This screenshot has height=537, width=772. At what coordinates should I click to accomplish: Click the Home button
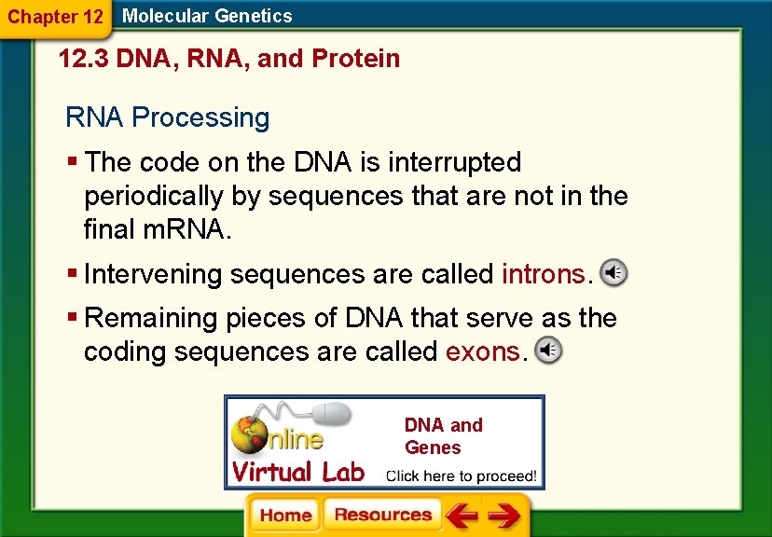285,516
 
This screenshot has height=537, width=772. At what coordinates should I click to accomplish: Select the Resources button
382,516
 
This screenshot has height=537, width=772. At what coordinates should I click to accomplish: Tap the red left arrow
462,516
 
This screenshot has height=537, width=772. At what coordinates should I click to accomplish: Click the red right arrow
504,516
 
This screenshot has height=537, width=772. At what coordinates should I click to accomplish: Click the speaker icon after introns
613,273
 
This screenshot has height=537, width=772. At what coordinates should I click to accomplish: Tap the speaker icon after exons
549,351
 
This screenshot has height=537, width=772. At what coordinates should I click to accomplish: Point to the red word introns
544,274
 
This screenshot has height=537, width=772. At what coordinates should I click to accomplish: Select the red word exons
482,351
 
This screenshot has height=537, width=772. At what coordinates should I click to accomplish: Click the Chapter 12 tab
54,17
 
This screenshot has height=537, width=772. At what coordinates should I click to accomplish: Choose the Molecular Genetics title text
207,16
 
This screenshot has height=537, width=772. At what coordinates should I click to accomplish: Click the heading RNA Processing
167,117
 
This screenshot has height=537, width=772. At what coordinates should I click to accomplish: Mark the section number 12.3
84,59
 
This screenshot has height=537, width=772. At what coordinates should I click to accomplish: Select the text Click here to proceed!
462,475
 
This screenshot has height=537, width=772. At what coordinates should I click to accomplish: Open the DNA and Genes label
443,435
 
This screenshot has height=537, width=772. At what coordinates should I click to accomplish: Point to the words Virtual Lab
298,471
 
